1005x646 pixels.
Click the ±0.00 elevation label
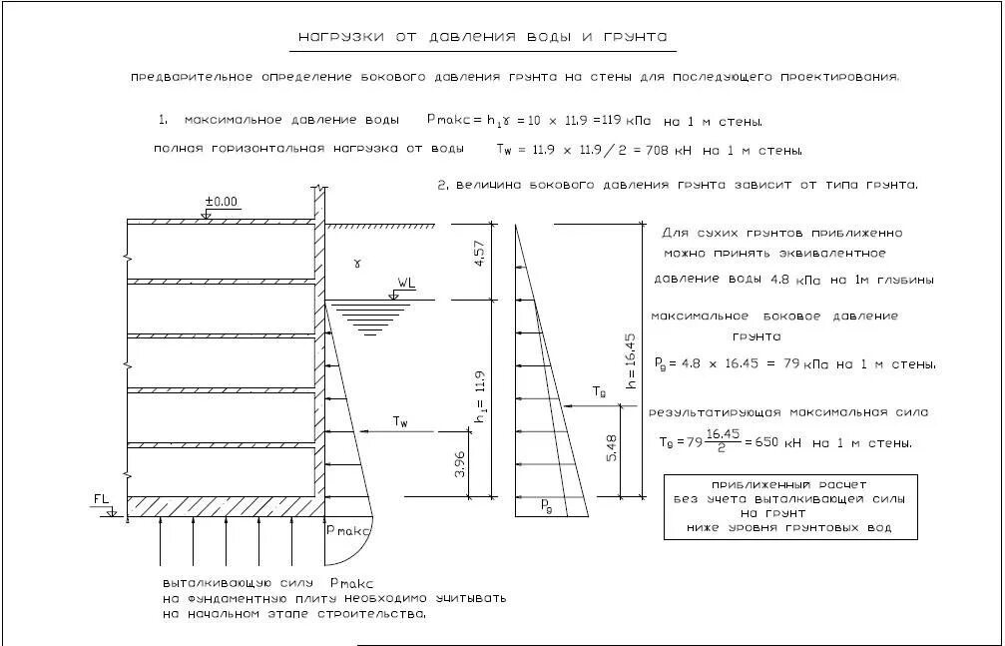point(221,202)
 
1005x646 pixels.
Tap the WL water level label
point(405,284)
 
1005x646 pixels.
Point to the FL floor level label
point(101,496)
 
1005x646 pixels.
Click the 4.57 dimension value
point(480,254)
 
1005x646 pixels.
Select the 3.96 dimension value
point(460,463)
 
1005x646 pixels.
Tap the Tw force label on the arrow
point(400,422)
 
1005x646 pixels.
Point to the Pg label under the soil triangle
point(547,505)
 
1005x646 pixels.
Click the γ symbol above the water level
point(357,264)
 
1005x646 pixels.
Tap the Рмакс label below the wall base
point(349,529)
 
